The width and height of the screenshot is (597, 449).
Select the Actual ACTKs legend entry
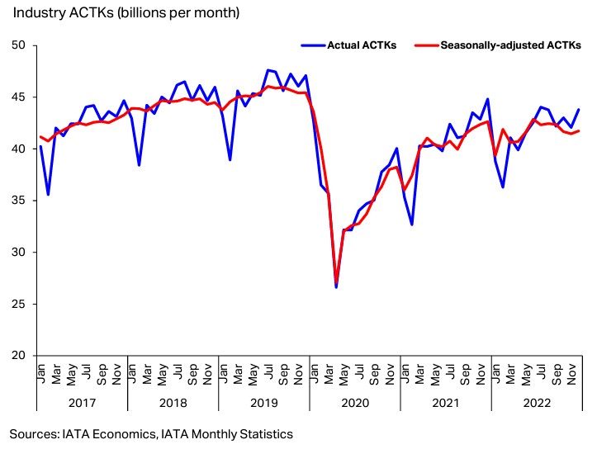(x=362, y=45)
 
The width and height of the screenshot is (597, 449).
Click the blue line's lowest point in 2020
(x=336, y=287)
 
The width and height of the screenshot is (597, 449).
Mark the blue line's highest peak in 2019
(x=268, y=70)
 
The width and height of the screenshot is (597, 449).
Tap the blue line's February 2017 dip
(x=49, y=195)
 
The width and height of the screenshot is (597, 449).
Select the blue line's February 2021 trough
(x=412, y=224)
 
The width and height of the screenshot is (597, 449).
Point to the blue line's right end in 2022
(x=578, y=110)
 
